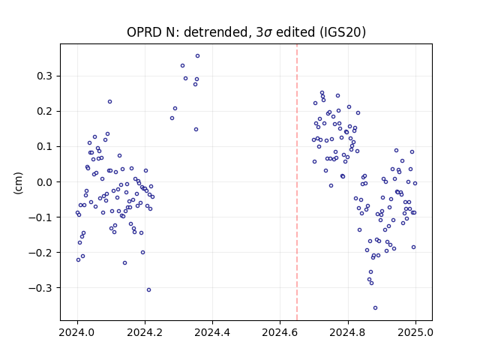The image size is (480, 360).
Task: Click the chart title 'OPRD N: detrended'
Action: tap(187, 32)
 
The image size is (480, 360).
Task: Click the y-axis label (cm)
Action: tap(18, 183)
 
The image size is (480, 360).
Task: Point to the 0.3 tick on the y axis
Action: tap(46, 76)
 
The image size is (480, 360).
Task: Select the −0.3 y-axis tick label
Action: tap(42, 288)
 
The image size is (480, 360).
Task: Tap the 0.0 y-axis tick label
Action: tap(46, 182)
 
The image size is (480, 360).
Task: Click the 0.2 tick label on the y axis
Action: tap(46, 112)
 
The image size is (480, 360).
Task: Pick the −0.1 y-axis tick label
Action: tap(42, 217)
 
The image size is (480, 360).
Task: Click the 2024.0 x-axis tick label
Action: tap(77, 332)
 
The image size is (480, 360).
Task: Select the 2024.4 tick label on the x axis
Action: tap(212, 332)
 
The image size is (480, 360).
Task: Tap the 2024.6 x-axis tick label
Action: tap(280, 332)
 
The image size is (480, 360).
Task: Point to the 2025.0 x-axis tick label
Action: tap(415, 332)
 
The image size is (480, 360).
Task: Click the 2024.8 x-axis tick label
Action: tap(348, 332)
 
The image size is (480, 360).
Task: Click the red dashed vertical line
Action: tap(297, 182)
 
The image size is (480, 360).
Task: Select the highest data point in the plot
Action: tap(197, 56)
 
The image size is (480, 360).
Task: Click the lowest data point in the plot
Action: tap(375, 308)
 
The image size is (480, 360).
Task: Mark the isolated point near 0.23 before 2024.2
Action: tap(109, 102)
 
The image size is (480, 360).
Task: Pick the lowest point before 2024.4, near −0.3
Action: tap(148, 290)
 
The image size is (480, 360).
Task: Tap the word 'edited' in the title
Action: tap(295, 32)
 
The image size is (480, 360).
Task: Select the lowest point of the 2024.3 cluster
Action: tap(196, 130)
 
